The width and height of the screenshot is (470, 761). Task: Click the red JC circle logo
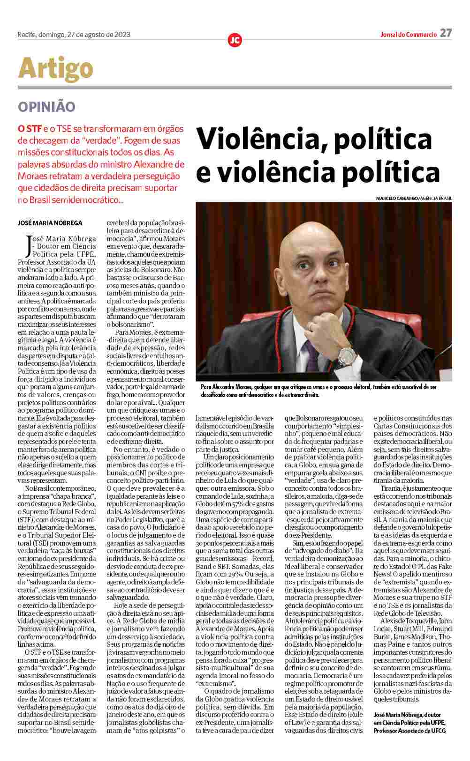click(235, 40)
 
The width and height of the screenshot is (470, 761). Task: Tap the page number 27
click(446, 33)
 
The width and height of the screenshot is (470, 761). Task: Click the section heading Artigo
click(55, 68)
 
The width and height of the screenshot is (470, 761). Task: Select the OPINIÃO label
click(46, 106)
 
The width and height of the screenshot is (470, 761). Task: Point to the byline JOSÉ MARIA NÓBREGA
click(50, 223)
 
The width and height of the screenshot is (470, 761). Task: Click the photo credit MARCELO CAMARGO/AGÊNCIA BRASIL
click(414, 199)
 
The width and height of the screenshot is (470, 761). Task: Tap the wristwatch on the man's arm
click(346, 354)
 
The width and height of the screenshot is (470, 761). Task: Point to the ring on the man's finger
click(311, 325)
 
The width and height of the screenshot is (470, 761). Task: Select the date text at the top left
click(74, 34)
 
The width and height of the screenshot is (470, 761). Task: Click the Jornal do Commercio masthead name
click(408, 34)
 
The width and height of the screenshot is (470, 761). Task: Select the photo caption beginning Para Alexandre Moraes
click(319, 391)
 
